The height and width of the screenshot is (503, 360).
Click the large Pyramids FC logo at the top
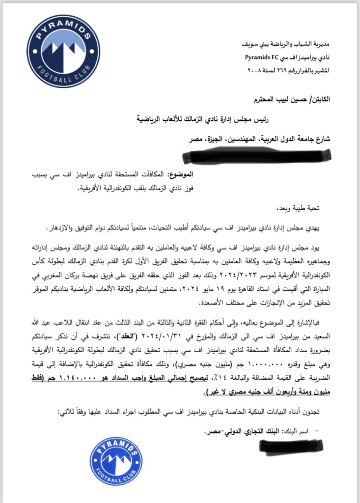[x=63, y=51]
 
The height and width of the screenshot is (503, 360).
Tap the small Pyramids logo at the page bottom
[x=116, y=461]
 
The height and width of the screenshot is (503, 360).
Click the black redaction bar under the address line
[x=256, y=157]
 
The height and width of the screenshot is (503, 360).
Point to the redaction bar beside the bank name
[x=291, y=446]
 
